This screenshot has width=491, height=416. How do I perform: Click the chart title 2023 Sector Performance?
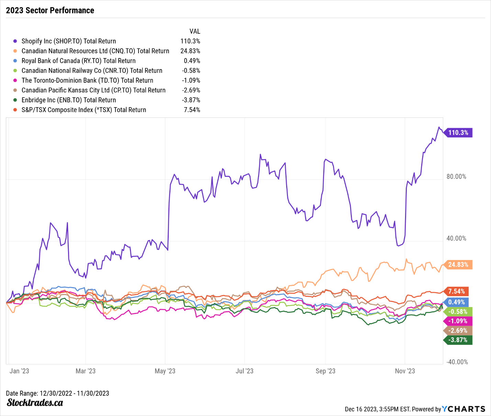click(x=50, y=10)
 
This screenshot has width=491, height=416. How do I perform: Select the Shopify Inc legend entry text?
click(x=69, y=41)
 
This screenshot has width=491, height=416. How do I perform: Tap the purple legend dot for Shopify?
click(x=15, y=41)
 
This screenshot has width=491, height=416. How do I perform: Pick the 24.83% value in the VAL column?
click(x=190, y=51)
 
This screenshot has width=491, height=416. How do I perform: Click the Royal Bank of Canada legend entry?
click(x=78, y=61)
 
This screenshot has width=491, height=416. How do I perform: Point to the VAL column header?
click(x=194, y=31)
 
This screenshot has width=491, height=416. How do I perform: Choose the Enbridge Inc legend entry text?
click(x=69, y=100)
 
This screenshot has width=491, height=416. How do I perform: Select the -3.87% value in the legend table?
click(x=191, y=100)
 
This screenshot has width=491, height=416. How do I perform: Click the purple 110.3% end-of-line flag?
click(x=458, y=133)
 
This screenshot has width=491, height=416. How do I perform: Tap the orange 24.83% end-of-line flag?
click(x=458, y=265)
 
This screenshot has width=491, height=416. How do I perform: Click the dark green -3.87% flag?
click(x=458, y=340)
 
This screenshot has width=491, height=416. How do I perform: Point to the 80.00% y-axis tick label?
click(x=456, y=177)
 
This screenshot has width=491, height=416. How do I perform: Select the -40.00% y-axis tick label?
click(x=457, y=362)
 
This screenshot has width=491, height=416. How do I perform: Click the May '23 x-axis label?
click(x=165, y=371)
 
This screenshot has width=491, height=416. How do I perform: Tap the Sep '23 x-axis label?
click(x=325, y=371)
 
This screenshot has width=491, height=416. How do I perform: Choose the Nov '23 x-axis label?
click(x=405, y=371)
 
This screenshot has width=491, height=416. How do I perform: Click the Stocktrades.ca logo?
click(x=35, y=403)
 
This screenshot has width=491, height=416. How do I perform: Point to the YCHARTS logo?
click(x=464, y=409)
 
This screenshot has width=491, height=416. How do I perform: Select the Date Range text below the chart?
click(x=57, y=393)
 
